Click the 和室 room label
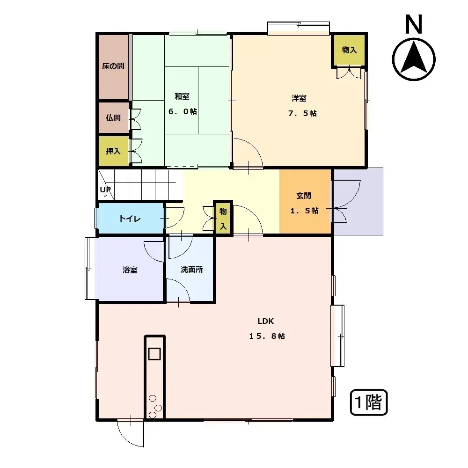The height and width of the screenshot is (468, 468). click(x=182, y=97)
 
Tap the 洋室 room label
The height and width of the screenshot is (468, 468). click(x=299, y=98)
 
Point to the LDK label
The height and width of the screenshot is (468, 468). click(x=265, y=321)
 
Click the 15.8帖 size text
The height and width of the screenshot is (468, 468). click(x=267, y=336)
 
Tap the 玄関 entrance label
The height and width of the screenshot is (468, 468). click(x=304, y=196)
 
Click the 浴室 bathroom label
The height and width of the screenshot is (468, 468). click(x=130, y=270)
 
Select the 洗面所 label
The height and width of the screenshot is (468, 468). click(x=192, y=270)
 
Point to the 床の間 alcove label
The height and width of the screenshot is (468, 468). click(x=113, y=66)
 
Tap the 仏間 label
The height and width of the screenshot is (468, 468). click(x=113, y=118)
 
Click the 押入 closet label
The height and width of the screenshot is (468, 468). click(x=113, y=151)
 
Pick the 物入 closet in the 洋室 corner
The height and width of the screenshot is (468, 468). click(x=349, y=50)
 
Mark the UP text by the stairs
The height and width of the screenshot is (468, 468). click(x=105, y=190)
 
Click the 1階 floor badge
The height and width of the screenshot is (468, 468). click(x=369, y=402)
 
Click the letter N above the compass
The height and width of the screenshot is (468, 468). click(x=414, y=25)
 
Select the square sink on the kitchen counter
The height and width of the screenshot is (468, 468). click(x=154, y=353)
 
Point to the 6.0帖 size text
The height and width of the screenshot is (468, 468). click(x=182, y=112)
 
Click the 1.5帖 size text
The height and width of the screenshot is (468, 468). click(x=304, y=211)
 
